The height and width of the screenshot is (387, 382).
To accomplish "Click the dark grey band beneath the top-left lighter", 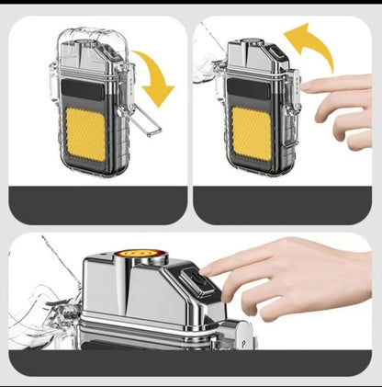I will coord(95,204).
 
